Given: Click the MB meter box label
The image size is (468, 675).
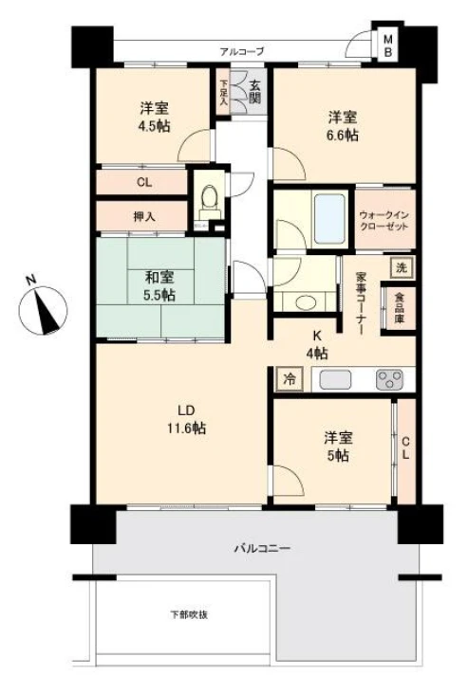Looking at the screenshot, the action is [x=388, y=46].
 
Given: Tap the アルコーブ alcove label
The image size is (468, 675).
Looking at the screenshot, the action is [x=242, y=52].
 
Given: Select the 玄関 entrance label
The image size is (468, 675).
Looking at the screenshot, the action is [x=254, y=92].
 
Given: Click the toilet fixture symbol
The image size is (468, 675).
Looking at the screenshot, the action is [x=210, y=202].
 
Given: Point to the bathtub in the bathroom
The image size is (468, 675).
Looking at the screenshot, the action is [x=330, y=219].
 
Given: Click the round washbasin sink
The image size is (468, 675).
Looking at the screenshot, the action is [x=306, y=302].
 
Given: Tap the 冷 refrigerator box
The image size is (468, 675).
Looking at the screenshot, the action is [x=290, y=379].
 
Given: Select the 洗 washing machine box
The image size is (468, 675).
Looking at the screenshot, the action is [x=402, y=267].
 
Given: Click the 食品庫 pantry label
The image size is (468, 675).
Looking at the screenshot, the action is [x=399, y=307].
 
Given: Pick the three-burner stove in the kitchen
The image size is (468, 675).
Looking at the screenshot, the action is [x=389, y=379].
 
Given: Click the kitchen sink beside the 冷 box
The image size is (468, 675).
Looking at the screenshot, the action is [x=335, y=379].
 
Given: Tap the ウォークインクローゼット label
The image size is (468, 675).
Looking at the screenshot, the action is [x=384, y=220].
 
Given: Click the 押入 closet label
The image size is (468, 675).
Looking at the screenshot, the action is [x=144, y=217].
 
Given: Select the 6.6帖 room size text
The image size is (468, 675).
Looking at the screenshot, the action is [x=344, y=136].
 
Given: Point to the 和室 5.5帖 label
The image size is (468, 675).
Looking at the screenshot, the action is [x=159, y=285].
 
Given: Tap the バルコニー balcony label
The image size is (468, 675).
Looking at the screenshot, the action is [x=262, y=548].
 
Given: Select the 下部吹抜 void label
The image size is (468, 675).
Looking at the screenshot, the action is [x=189, y=614].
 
